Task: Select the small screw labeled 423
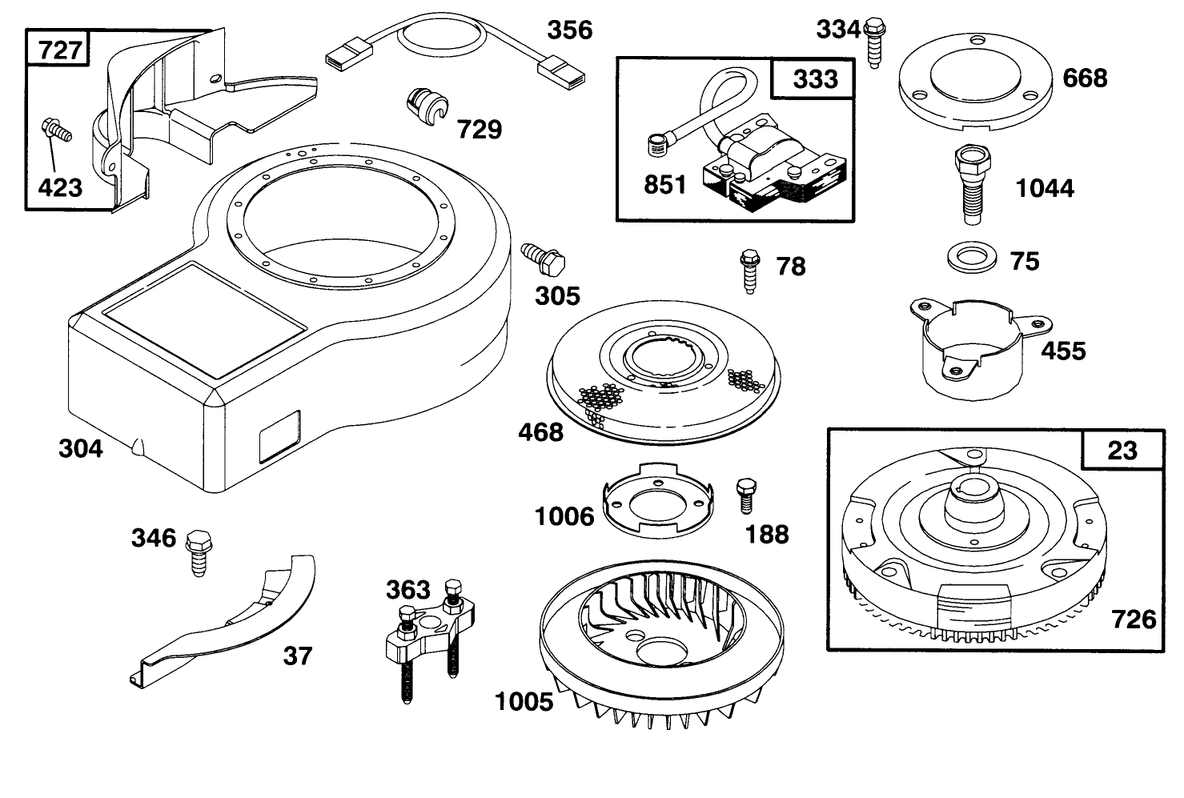click(x=56, y=130)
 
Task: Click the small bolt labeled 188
click(x=745, y=495)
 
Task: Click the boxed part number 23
click(x=1122, y=450)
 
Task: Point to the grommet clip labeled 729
click(x=427, y=106)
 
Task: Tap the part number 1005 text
click(x=524, y=702)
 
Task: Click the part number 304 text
click(x=81, y=448)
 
